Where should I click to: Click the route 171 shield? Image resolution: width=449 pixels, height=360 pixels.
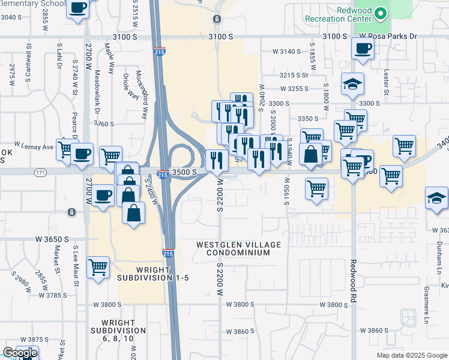pos(40,173)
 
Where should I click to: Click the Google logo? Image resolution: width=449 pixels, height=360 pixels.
pos(19,353)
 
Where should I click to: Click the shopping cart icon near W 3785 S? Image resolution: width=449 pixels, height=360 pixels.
pos(97,267)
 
